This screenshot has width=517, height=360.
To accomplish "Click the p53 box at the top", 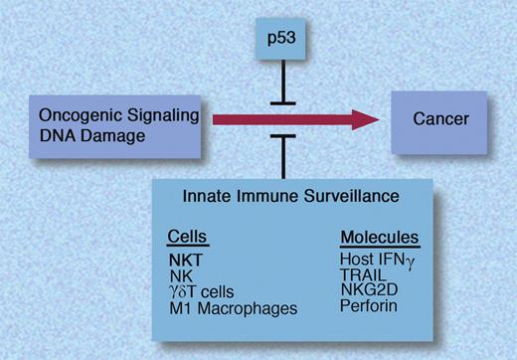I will click(x=284, y=40).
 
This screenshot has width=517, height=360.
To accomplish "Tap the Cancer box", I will click(x=440, y=119).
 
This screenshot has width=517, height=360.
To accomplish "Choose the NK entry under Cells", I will click(x=179, y=274).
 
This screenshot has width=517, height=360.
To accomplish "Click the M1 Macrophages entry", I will click(x=232, y=308).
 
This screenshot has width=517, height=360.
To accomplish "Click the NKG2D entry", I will click(x=368, y=290).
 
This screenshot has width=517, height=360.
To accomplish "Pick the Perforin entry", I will click(x=368, y=307).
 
